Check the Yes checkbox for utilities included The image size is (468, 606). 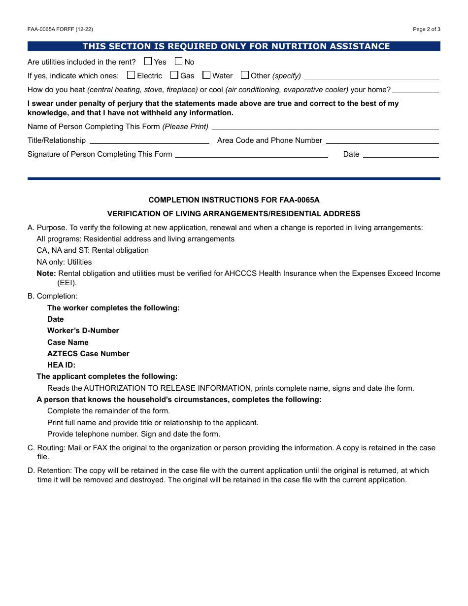tap(148, 62)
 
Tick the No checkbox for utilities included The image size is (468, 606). tap(178, 62)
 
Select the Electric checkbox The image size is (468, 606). tap(131, 75)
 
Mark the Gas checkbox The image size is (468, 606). tap(174, 75)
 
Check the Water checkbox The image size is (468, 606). tap(206, 75)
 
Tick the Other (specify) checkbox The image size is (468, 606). tap(245, 75)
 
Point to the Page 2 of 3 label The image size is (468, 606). tap(427, 29)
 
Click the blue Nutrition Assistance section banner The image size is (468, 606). tap(234, 46)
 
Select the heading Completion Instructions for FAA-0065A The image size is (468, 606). tap(234, 200)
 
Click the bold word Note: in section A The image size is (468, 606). tap(46, 273)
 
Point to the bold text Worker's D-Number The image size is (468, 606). tap(83, 331)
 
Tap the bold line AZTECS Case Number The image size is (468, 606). tap(88, 354)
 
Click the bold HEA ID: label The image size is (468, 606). tap(62, 365)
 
